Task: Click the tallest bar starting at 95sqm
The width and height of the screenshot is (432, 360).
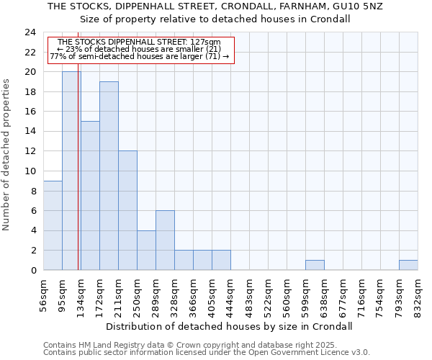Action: pos(71,171)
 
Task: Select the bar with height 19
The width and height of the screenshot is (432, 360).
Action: pos(109,176)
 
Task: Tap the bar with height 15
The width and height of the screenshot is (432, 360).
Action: pos(90,196)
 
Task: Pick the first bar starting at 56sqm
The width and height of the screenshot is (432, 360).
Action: pos(53,225)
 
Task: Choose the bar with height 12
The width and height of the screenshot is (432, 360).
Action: pos(127,211)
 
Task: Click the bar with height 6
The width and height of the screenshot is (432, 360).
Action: pos(165,240)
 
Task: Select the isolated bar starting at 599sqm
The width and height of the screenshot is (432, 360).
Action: pos(315,265)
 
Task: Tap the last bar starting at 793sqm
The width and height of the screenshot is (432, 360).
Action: pos(408,265)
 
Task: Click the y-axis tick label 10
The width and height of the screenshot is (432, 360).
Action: pos(30,171)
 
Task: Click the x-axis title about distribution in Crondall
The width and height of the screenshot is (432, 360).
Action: pos(229,326)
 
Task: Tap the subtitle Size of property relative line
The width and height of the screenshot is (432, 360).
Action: pos(215,19)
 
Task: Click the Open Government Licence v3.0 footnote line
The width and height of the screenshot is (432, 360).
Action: pos(207,353)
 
